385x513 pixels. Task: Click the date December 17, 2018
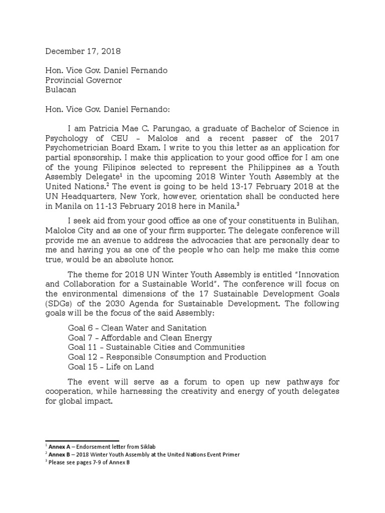83,51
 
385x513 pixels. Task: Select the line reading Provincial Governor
84,80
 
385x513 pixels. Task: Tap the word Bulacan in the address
61,90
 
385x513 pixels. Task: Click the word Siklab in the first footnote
153,446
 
